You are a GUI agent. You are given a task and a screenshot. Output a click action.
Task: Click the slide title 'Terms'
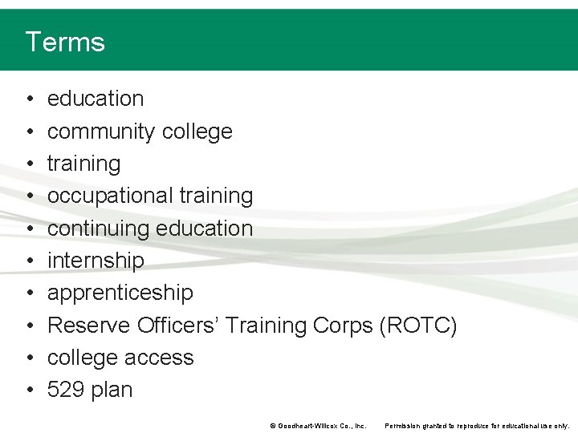tap(65, 42)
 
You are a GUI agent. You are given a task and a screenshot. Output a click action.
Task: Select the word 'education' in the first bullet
tap(96, 99)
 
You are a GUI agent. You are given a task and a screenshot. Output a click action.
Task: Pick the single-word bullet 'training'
tap(83, 164)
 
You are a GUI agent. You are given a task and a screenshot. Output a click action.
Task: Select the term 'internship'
tap(96, 261)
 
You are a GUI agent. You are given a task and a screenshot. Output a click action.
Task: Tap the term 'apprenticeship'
tap(120, 293)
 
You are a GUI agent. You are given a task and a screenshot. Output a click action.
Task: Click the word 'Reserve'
tap(89, 326)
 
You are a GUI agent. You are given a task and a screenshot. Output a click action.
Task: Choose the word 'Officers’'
tap(178, 326)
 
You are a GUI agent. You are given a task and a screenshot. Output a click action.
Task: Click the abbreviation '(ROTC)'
tap(418, 326)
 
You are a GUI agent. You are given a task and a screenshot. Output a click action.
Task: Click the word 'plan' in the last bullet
tap(112, 391)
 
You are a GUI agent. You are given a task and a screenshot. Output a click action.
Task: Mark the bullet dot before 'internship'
tap(29, 261)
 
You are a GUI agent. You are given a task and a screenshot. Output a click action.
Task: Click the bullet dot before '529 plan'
tap(29, 391)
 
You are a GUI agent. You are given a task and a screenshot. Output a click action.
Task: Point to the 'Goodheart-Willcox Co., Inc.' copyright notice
tap(318, 426)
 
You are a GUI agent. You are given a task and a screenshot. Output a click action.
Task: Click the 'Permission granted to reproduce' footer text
tap(477, 426)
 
